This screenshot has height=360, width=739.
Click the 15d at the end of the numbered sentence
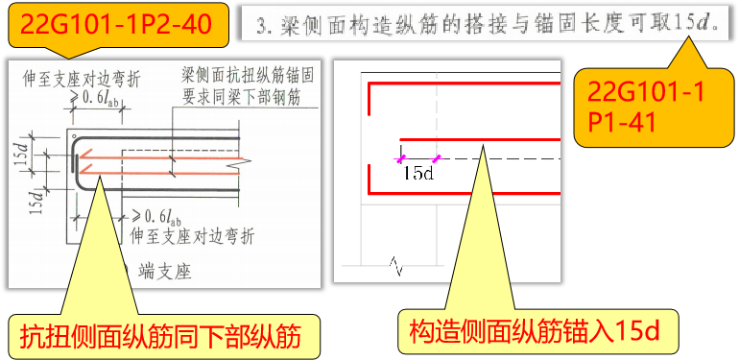coord(703,20)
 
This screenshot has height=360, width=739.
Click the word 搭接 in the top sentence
coord(477,20)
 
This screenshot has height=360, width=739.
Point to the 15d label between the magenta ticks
coord(418,173)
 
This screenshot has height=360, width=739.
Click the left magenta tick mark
coord(402,157)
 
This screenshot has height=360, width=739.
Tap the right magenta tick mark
coord(437,157)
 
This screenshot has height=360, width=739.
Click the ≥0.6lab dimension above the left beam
coord(91,97)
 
